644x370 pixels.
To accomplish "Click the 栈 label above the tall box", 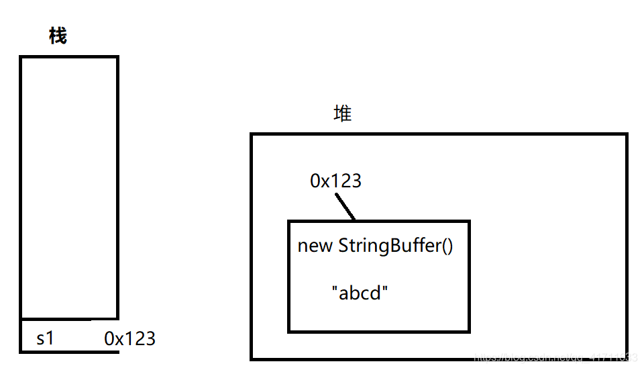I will [58, 36].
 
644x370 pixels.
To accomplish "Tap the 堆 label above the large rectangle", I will [343, 113].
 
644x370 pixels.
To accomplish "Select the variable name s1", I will [45, 338].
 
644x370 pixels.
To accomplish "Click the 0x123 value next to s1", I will [130, 338].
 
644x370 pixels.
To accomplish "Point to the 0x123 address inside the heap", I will [335, 181].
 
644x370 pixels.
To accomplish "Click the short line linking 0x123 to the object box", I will [345, 207].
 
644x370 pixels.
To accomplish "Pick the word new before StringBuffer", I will [315, 246].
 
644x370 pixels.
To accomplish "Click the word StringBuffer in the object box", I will [387, 246].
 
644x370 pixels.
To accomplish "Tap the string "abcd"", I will [360, 293].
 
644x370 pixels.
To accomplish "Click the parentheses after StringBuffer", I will [447, 246].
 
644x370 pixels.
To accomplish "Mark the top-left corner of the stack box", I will [21, 58].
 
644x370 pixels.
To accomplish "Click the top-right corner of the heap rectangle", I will [626, 134].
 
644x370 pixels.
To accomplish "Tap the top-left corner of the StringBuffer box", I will [289, 222].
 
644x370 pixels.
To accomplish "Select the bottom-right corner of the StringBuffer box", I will [468, 330].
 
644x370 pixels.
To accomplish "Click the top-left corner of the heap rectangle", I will [252, 134].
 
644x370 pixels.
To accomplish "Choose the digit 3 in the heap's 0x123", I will [356, 181].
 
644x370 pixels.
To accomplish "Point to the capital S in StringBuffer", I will [343, 246].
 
